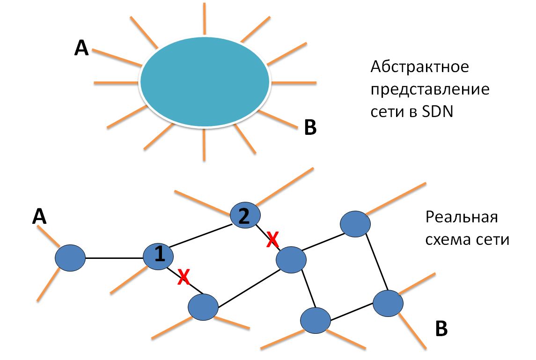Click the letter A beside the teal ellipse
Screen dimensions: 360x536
pos(81,48)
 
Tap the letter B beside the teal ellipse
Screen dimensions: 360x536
pos(310,127)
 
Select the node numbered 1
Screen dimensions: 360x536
pos(159,255)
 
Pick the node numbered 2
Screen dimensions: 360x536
pos(245,216)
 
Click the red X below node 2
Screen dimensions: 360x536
pos(272,240)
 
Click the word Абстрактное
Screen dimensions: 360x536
pos(419,67)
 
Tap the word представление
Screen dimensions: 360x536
pos(430,90)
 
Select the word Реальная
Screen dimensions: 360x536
pos(461,218)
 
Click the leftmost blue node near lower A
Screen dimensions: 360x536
pos(70,258)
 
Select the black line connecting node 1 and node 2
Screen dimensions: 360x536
pos(201,235)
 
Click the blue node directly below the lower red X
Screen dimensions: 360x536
pos(203,307)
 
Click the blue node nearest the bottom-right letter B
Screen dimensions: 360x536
pos(388,303)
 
